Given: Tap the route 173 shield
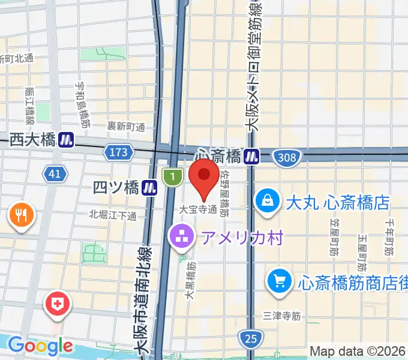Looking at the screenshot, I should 118,152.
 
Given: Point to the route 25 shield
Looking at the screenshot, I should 251,339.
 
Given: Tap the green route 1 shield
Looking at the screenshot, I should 172,176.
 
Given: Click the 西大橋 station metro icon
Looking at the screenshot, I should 67,140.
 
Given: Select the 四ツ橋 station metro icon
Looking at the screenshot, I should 150,188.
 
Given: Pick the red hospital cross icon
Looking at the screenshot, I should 58,304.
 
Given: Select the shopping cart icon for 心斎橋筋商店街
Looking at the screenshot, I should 279,280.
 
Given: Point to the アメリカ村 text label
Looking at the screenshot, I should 241,238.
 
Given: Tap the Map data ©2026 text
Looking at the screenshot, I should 358,351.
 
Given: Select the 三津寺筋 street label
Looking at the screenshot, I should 281,315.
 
